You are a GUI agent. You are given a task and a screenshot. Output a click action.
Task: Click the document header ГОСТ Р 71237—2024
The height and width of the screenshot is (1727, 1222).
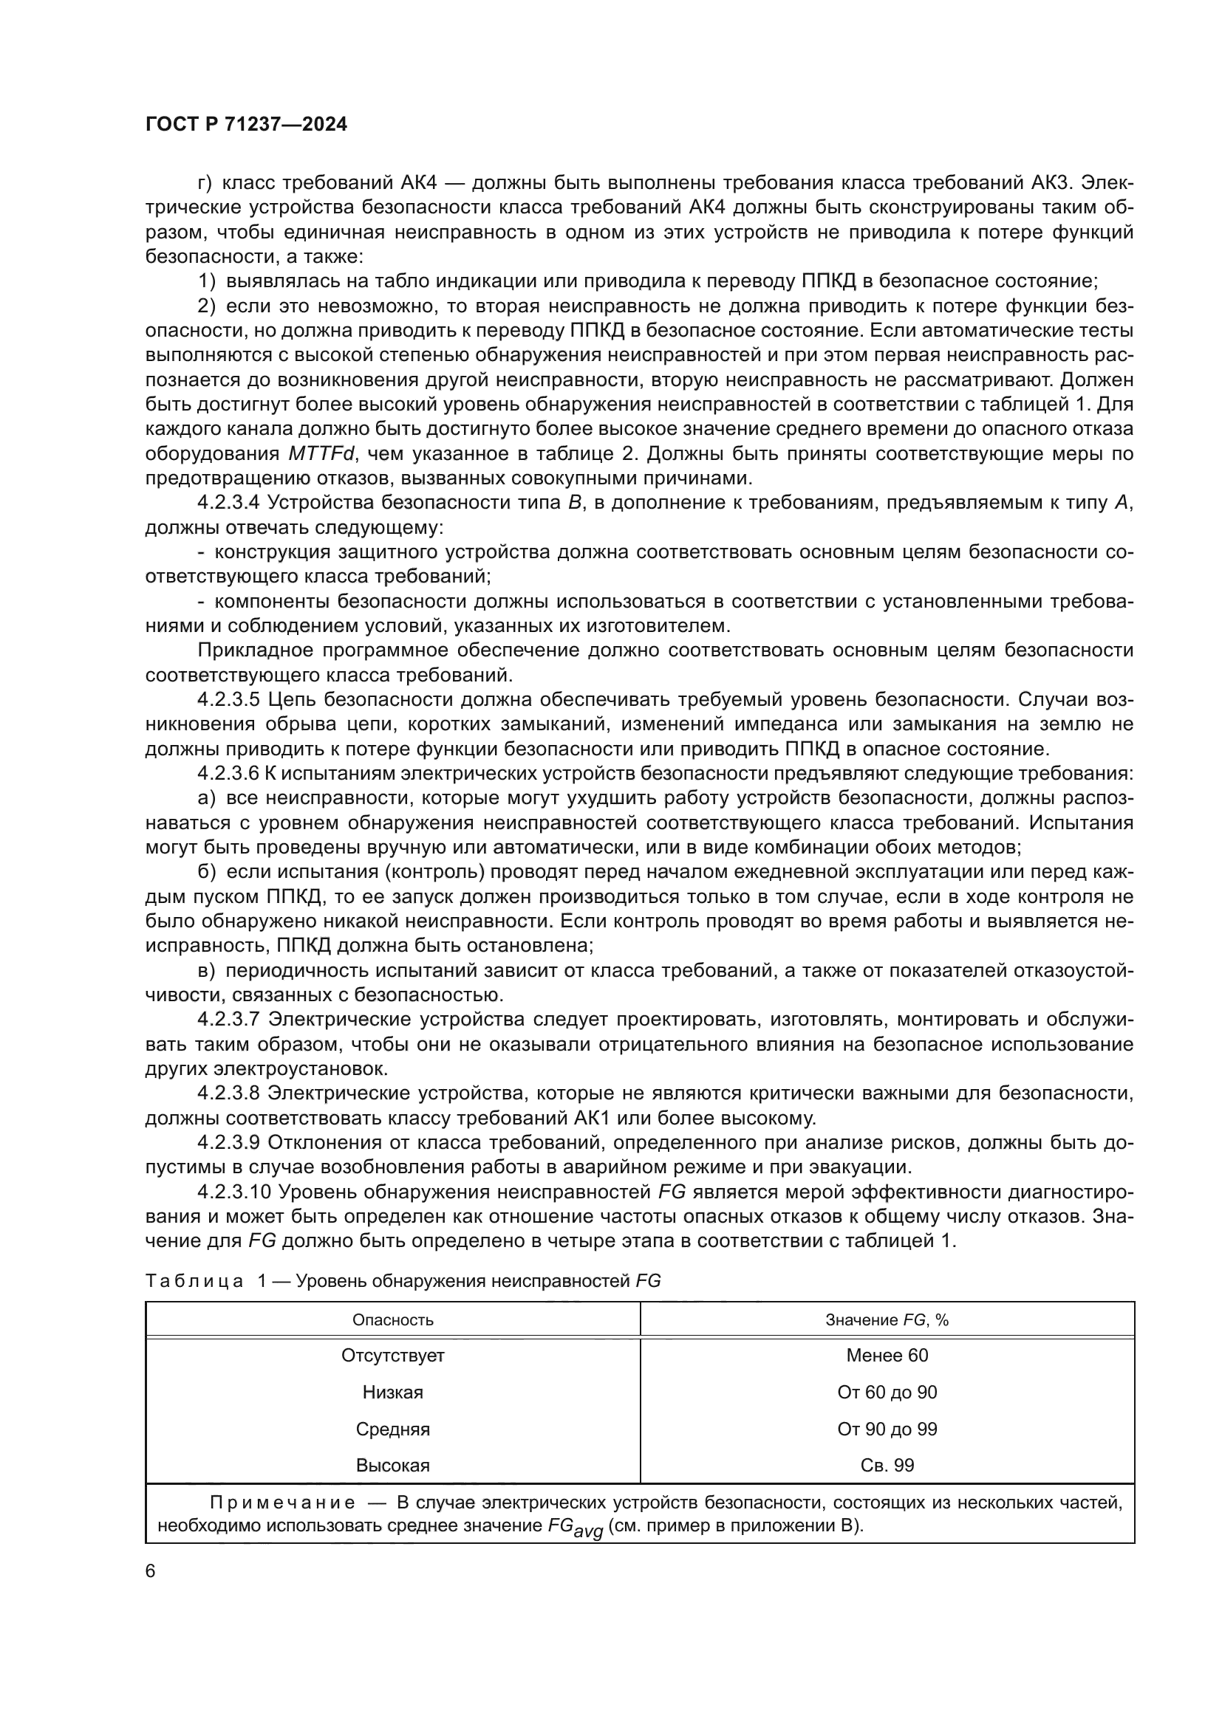coord(246,125)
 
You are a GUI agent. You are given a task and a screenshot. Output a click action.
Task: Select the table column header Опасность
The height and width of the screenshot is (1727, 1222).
coord(393,1320)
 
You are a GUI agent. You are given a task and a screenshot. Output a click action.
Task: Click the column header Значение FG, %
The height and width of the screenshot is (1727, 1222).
coord(887,1320)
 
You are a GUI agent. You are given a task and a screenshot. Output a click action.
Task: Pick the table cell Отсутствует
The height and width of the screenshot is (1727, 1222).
coord(393,1356)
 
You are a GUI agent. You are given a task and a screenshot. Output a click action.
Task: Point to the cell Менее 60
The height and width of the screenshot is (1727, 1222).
coord(887,1356)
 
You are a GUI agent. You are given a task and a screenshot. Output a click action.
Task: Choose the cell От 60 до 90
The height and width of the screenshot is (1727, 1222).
coord(887,1393)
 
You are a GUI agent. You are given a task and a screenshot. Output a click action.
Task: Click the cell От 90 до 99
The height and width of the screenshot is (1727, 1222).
coord(887,1429)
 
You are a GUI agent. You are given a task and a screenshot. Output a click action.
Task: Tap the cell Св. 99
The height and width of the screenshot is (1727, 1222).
coord(887,1465)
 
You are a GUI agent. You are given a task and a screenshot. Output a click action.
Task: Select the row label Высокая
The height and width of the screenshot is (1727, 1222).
coord(393,1465)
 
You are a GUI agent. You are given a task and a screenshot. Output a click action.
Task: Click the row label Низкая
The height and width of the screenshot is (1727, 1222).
coord(393,1393)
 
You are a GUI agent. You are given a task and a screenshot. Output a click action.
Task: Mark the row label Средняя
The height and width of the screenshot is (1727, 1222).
coord(393,1429)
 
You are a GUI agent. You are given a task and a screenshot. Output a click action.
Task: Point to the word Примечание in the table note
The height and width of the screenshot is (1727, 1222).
coord(282,1503)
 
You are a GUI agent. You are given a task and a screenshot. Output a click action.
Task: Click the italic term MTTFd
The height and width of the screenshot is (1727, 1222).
coord(323,453)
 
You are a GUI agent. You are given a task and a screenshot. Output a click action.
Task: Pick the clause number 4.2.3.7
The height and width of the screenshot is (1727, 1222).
coord(229,1020)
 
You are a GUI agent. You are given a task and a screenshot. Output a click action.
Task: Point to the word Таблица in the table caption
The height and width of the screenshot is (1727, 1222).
coord(194,1281)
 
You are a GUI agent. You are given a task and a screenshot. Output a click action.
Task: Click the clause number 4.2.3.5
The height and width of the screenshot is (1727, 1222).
coord(229,699)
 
